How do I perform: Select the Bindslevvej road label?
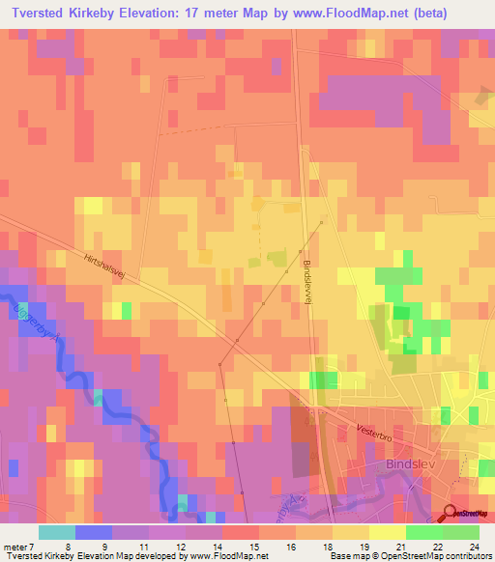pyautogui.click(x=307, y=281)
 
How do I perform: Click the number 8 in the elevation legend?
pyautogui.click(x=67, y=546)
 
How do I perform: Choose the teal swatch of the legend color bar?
pyautogui.click(x=56, y=532)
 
